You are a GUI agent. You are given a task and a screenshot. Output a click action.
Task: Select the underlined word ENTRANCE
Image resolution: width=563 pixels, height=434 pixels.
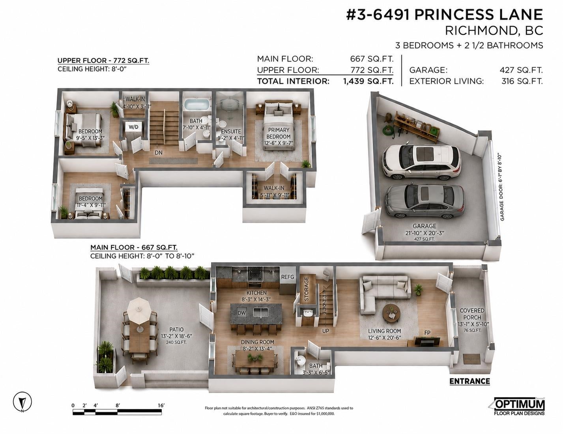pos(469,381)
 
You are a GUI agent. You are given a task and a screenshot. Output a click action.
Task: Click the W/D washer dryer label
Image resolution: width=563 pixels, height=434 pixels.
pos(133,127)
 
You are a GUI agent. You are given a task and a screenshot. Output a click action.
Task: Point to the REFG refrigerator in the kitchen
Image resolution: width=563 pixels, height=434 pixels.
pos(288,277)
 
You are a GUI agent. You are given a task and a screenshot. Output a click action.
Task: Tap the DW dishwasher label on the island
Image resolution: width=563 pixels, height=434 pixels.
pos(241,313)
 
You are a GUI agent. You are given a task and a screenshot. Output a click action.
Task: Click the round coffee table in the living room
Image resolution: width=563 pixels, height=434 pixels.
pos(391,313)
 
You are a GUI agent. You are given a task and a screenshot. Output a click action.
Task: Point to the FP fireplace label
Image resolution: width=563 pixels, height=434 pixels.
pos(427,333)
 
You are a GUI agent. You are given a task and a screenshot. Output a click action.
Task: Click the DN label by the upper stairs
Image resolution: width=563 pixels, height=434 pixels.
pos(159,153)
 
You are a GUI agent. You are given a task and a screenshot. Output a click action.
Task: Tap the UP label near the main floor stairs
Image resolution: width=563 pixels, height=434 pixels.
pos(325,331)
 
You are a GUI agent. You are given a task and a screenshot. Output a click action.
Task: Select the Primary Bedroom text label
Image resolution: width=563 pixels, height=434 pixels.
pos(279,133)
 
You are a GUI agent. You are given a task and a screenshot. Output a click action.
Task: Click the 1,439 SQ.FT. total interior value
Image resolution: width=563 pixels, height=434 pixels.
pos(368,81)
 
